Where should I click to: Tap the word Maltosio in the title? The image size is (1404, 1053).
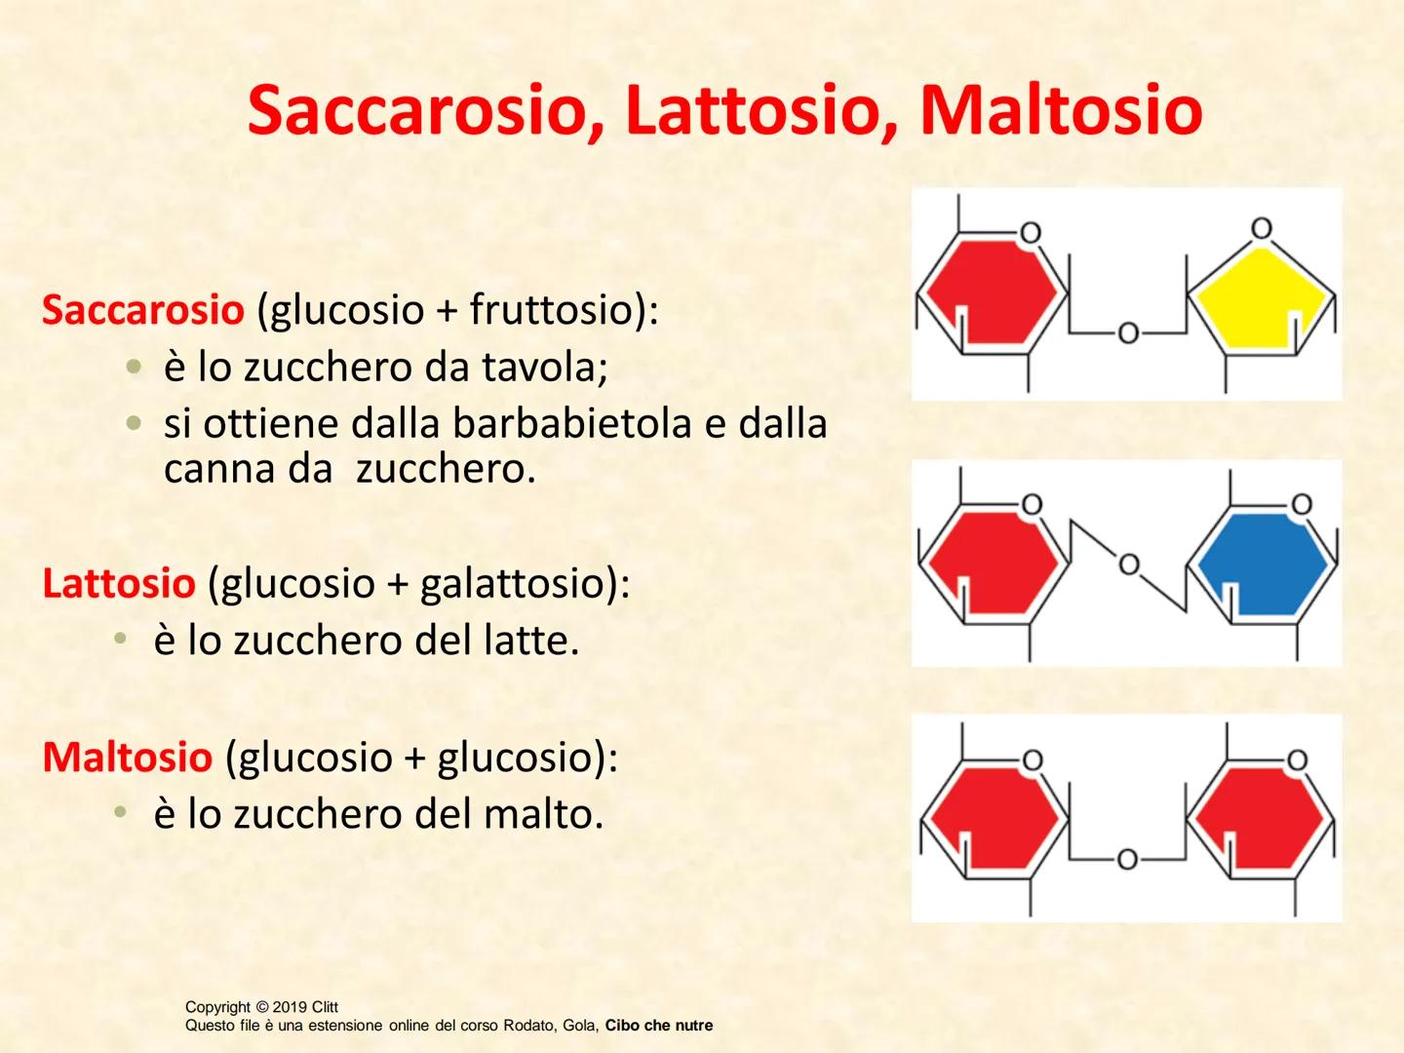1061,110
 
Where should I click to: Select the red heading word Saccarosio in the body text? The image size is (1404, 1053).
142,310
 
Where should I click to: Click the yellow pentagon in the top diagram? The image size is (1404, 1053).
1261,296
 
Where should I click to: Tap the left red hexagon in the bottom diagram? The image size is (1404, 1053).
991,817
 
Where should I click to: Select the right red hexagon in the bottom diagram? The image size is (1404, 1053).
1259,817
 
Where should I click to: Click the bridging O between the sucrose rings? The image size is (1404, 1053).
1128,333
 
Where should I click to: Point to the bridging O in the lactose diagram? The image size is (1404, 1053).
1129,565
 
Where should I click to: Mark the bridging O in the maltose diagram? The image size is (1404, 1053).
1127,860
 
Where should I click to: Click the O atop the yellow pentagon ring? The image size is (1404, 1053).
1261,229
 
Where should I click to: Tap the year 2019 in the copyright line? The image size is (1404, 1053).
291,1007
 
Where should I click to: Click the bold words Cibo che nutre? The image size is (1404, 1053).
659,1026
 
